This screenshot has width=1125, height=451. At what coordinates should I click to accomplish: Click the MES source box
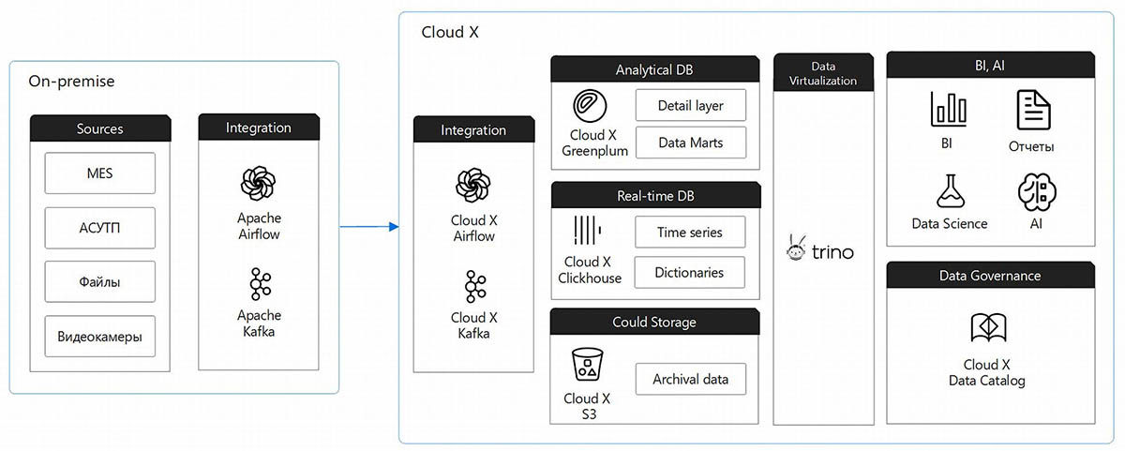point(99,173)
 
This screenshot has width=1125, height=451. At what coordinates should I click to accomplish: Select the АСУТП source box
point(99,228)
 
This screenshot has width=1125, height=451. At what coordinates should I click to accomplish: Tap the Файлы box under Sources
point(99,281)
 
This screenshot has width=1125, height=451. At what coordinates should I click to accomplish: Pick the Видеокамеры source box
point(99,336)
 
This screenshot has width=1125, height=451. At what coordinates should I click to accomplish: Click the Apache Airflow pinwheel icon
point(259,182)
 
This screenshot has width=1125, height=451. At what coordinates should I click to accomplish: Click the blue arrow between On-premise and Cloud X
point(369,226)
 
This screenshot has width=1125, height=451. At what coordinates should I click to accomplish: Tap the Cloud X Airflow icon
point(473,185)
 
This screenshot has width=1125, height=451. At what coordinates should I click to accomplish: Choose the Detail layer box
point(691,105)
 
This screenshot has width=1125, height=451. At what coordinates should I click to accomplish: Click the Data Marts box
point(691,143)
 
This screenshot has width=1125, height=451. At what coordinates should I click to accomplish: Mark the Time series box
point(691,233)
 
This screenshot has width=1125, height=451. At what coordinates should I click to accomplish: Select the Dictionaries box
point(691,272)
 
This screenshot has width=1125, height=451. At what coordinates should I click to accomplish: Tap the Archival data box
point(691,379)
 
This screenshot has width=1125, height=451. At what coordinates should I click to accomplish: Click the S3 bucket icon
point(587,364)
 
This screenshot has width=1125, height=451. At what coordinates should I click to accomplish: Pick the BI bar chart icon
point(948,110)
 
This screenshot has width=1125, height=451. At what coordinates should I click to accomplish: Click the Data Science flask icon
point(949,191)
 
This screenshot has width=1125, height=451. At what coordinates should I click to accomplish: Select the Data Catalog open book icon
point(988,328)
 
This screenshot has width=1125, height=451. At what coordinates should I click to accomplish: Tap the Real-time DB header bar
point(655,196)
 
